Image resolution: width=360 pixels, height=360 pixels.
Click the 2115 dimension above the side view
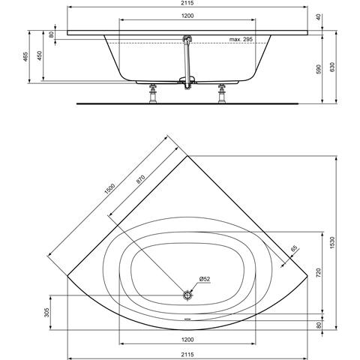tap(187, 3)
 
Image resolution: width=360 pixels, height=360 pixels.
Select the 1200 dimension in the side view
tap(187, 16)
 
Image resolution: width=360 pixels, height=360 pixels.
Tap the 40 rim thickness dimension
tap(318, 17)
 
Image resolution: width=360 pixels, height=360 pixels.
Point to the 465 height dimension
tap(25, 57)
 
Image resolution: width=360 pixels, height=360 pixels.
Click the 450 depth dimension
tap(40, 55)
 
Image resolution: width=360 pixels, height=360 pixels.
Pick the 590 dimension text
tap(318, 69)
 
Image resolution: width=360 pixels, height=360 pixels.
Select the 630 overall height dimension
tap(332, 67)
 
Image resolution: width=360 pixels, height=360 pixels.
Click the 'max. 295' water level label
tap(241, 39)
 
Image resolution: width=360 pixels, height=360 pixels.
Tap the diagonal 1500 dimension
tap(109, 189)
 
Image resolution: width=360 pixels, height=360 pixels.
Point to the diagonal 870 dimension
tap(140, 179)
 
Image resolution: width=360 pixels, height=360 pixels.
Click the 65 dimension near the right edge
tap(294, 249)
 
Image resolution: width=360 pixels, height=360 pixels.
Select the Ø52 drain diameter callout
tap(205, 279)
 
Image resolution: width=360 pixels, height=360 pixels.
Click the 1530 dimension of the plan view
tap(332, 242)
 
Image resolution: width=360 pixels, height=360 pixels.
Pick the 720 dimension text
tap(318, 272)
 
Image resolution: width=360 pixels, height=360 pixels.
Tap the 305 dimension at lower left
tap(46, 312)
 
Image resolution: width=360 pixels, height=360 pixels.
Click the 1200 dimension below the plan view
tap(187, 340)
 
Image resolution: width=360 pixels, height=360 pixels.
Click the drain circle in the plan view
tap(187, 295)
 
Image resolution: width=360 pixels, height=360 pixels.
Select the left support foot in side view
tap(153, 93)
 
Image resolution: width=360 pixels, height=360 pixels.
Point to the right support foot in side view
tap(222, 93)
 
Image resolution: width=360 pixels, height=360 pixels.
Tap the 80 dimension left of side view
tap(51, 34)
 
